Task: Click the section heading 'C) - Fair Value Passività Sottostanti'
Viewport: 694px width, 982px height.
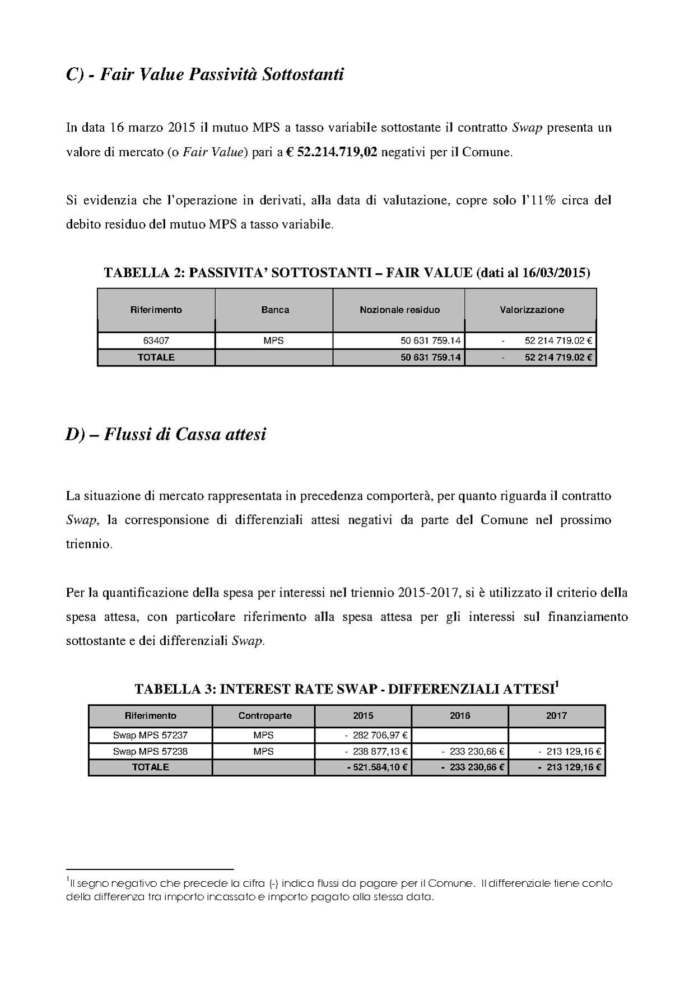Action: pyautogui.click(x=204, y=74)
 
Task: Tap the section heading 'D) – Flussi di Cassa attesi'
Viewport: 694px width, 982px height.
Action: pyautogui.click(x=166, y=434)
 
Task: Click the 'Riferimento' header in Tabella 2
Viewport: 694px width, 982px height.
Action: pyautogui.click(x=156, y=310)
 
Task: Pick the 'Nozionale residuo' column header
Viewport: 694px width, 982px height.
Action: pyautogui.click(x=399, y=310)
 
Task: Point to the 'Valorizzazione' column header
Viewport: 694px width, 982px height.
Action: pyautogui.click(x=532, y=310)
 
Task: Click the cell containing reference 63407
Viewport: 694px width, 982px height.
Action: pyautogui.click(x=156, y=341)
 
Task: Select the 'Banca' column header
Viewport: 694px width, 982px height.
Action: pyautogui.click(x=275, y=310)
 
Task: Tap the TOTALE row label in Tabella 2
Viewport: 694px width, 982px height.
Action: pyautogui.click(x=156, y=357)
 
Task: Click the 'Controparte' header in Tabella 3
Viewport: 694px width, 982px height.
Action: pyautogui.click(x=264, y=715)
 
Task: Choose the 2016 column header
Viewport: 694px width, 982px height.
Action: pyautogui.click(x=460, y=715)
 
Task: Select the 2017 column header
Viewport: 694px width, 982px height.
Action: pyautogui.click(x=556, y=715)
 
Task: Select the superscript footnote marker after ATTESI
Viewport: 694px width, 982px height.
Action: pyautogui.click(x=557, y=683)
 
